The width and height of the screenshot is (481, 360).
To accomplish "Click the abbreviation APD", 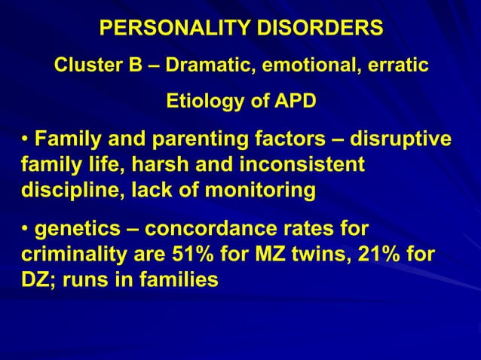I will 290,101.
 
